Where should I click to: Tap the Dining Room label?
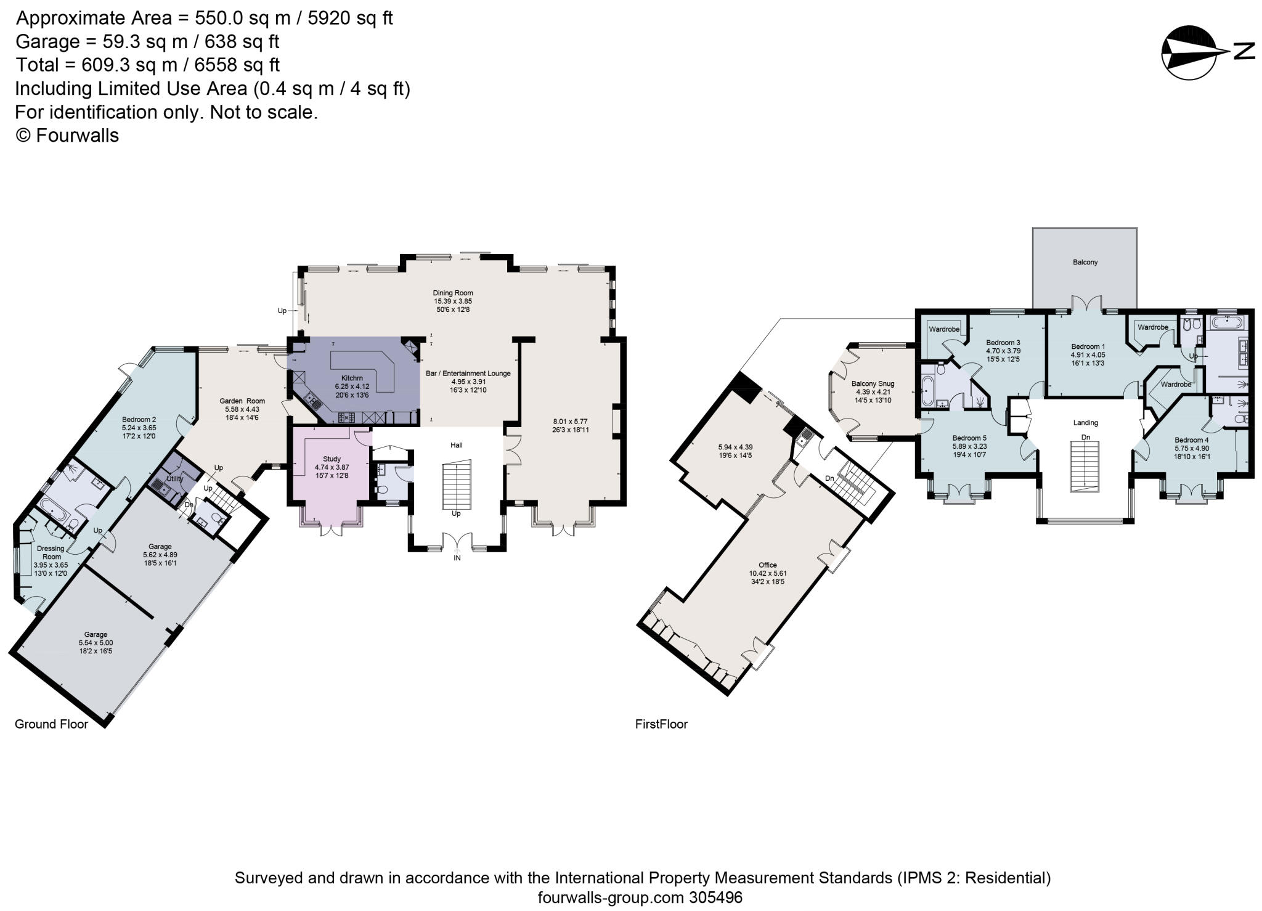point(452,293)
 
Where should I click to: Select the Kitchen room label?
point(352,378)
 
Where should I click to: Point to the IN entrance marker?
point(457,558)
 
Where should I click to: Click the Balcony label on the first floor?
point(1085,263)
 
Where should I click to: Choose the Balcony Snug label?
point(873,384)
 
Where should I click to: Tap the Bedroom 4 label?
point(1191,440)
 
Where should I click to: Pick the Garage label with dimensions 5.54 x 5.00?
point(96,634)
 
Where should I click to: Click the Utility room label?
point(174,478)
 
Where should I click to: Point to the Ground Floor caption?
point(51,724)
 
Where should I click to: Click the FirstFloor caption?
point(661,724)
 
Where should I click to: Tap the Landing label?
point(1085,423)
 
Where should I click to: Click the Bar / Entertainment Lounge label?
point(468,374)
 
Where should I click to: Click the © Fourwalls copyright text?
point(67,136)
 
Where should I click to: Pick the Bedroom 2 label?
point(139,420)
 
